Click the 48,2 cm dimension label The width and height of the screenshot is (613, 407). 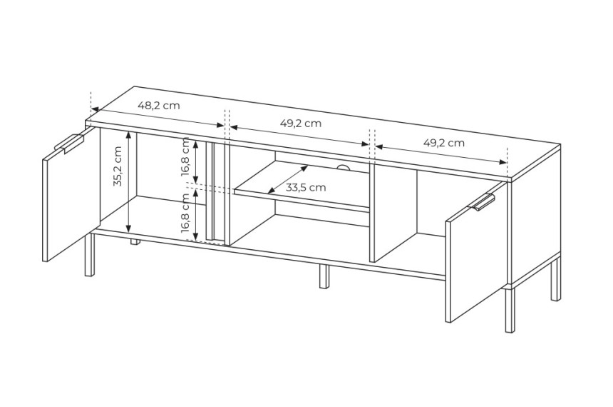coord(159,105)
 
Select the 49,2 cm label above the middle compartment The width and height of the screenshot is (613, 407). coord(301,123)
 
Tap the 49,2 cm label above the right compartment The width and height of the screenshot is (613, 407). coord(444,143)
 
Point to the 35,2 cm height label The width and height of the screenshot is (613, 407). coord(118,166)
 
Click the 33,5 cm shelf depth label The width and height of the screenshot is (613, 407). coord(305,187)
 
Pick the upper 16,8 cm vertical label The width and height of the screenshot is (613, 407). coord(186,157)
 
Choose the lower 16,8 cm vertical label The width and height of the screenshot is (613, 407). coord(186,213)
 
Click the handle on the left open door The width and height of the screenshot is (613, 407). coord(69,143)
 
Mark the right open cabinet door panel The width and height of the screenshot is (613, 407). coord(477,251)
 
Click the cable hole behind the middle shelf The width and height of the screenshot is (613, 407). coord(344,167)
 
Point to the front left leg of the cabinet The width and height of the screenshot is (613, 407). coord(90,255)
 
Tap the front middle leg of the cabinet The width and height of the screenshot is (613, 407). coord(324,276)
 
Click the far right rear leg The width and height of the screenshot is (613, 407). coord(555,279)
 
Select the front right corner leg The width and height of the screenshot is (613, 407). coord(510,310)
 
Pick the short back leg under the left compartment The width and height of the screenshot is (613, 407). coord(135,241)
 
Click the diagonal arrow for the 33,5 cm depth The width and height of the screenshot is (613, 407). coord(288,179)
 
